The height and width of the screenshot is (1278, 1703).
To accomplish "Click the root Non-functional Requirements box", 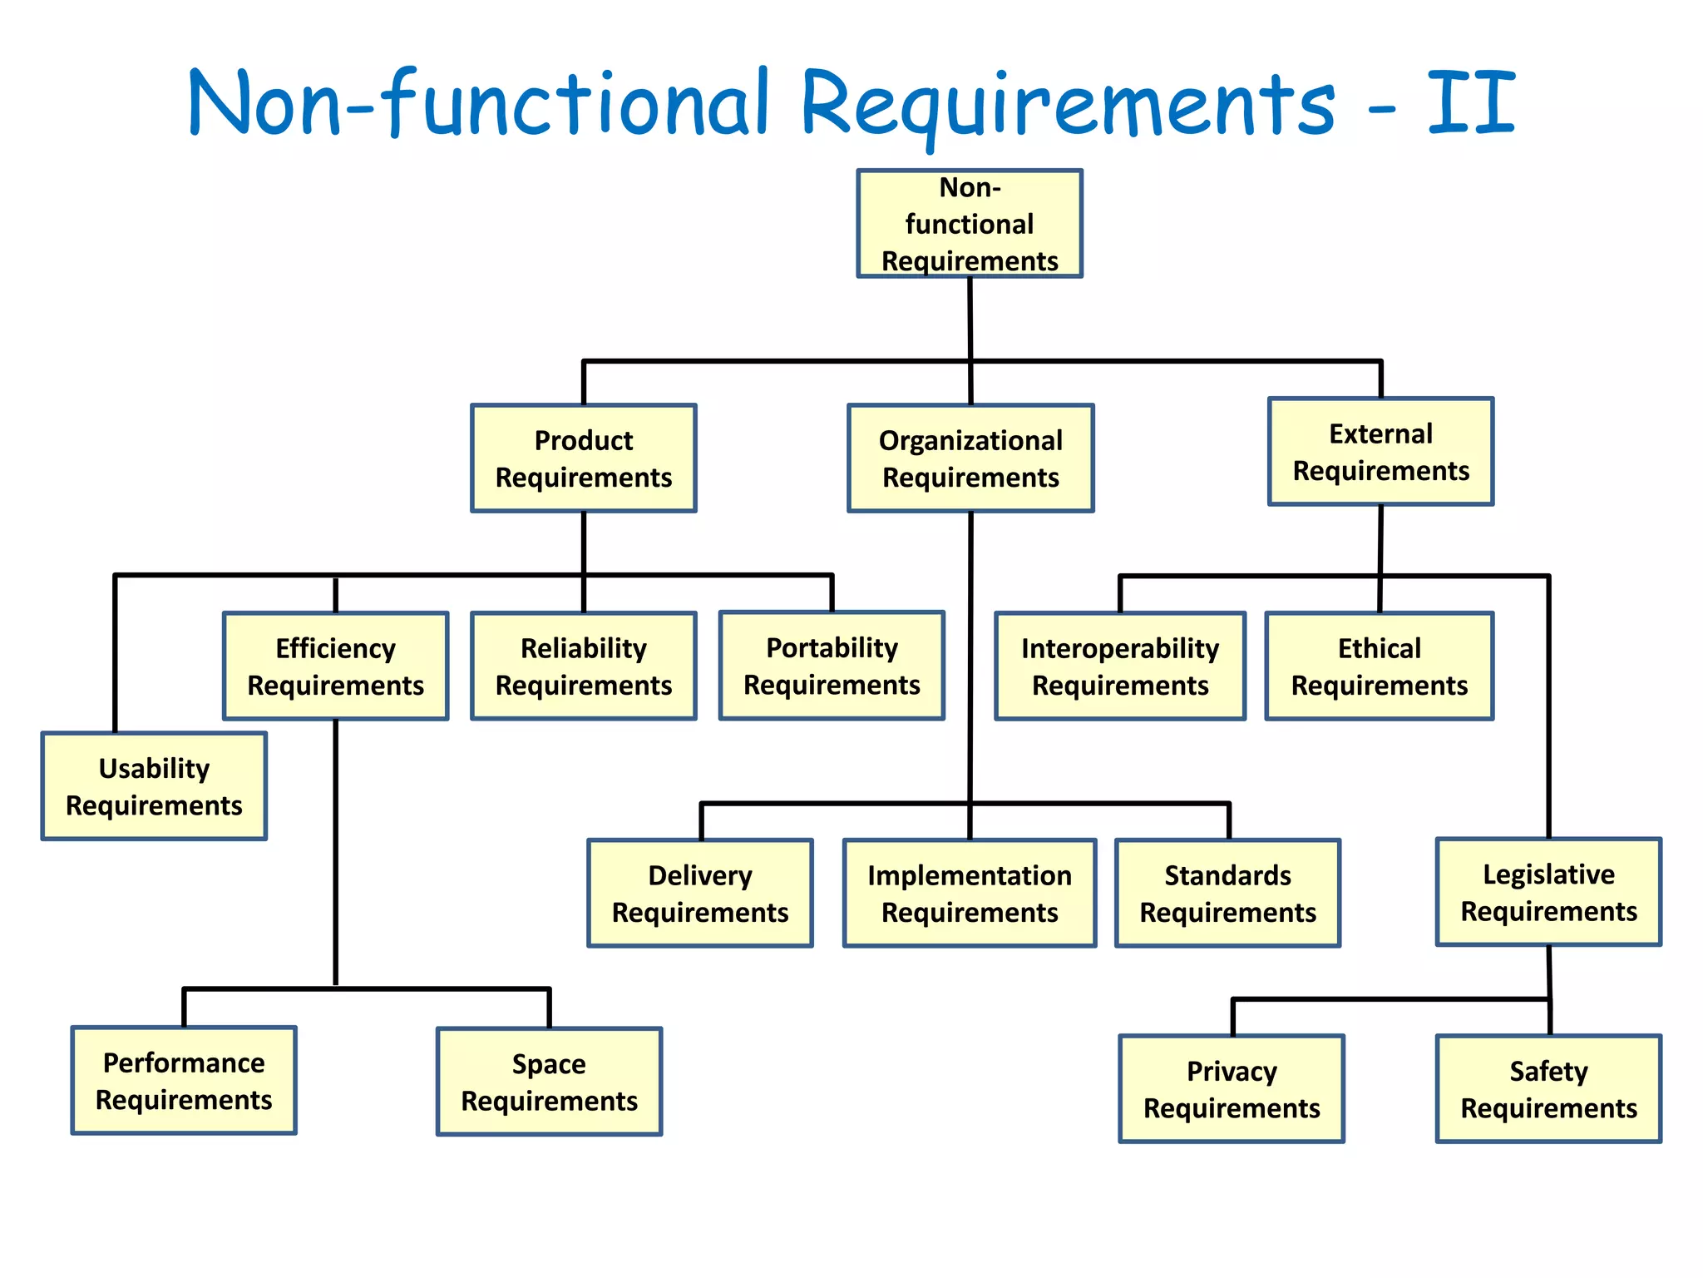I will (970, 224).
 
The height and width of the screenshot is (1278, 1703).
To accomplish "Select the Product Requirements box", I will (584, 458).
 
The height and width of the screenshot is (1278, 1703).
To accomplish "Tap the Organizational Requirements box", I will (970, 458).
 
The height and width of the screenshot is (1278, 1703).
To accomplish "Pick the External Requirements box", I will (1380, 452).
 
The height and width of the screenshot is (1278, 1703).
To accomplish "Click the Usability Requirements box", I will (154, 786).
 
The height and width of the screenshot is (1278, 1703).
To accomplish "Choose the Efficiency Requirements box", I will (335, 666).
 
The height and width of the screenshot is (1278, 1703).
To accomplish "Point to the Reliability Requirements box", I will (584, 666).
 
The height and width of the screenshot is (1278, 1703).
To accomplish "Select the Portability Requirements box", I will (832, 666).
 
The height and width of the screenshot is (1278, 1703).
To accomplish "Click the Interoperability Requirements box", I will (1120, 666).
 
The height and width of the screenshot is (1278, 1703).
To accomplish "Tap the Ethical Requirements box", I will (1379, 666).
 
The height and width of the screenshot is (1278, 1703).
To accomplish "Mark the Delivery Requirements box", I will (700, 894).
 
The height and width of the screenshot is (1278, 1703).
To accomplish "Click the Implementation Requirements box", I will (970, 894).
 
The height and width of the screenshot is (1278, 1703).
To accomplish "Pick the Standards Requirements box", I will (1227, 894).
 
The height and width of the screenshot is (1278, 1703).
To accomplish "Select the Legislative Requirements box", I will (1548, 892).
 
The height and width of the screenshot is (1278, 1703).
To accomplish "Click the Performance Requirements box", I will (184, 1081).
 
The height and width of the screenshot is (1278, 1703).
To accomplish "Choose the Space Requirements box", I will (549, 1082).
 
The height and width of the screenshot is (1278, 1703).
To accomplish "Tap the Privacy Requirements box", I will (1232, 1089).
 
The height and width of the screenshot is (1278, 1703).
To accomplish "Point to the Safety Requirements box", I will (1548, 1089).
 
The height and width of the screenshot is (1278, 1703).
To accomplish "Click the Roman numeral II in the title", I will (1472, 103).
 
